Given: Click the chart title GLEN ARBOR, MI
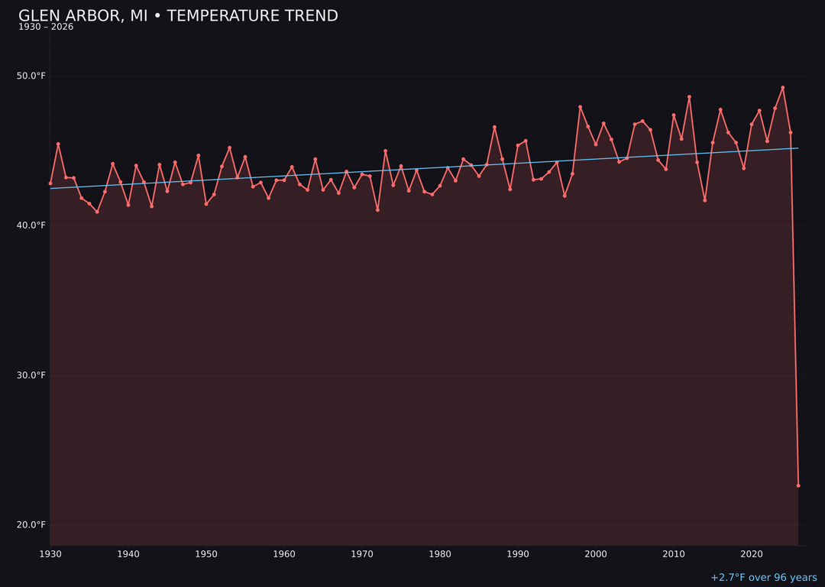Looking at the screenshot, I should (177, 16).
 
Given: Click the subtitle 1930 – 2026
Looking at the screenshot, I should (46, 28).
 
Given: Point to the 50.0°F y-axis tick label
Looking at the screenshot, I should (32, 76).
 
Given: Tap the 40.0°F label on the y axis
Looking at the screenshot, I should (32, 225).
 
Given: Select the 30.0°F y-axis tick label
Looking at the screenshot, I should (32, 375).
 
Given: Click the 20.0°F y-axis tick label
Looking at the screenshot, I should (32, 525).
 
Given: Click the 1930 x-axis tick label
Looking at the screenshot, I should (50, 554).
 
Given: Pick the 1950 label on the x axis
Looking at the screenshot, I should (206, 554).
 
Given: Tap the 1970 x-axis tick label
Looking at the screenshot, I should (362, 554).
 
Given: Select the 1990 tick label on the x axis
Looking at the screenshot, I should (518, 554).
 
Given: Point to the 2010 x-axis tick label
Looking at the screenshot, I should (674, 554).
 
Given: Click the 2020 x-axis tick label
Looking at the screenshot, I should (752, 554).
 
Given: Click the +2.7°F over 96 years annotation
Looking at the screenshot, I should (763, 578).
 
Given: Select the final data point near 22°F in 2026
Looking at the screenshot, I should (798, 485).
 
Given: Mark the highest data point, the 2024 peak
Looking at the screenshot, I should (782, 88).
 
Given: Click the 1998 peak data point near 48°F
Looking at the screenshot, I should (580, 107).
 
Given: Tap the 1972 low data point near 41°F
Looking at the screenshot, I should (377, 209).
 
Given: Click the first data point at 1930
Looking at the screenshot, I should (50, 183).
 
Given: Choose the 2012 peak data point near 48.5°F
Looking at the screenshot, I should (689, 97).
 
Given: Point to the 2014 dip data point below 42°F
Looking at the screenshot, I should (704, 200).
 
